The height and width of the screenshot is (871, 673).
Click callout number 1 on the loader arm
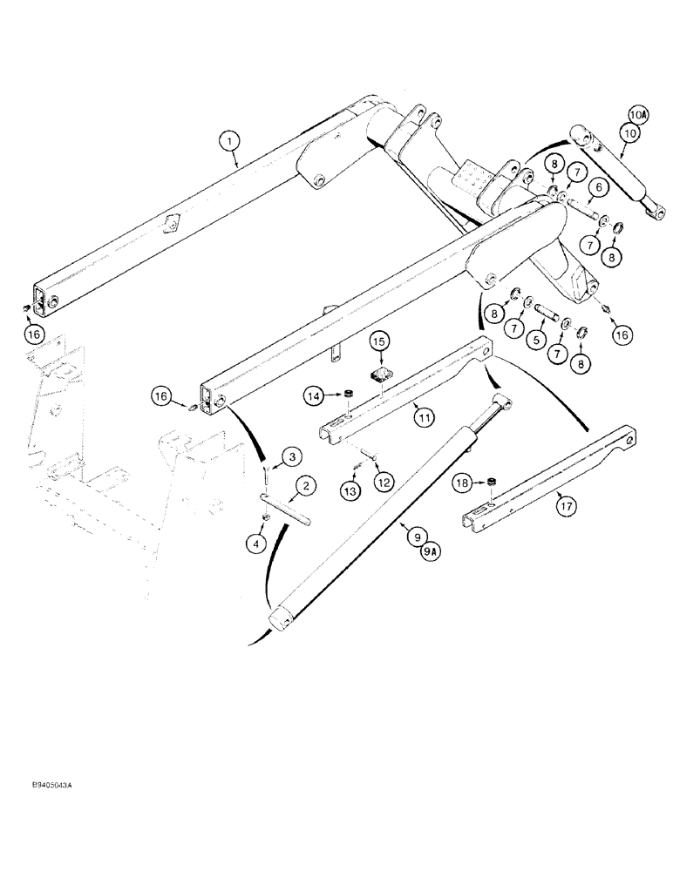click(228, 139)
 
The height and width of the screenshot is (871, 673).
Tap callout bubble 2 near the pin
click(304, 485)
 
